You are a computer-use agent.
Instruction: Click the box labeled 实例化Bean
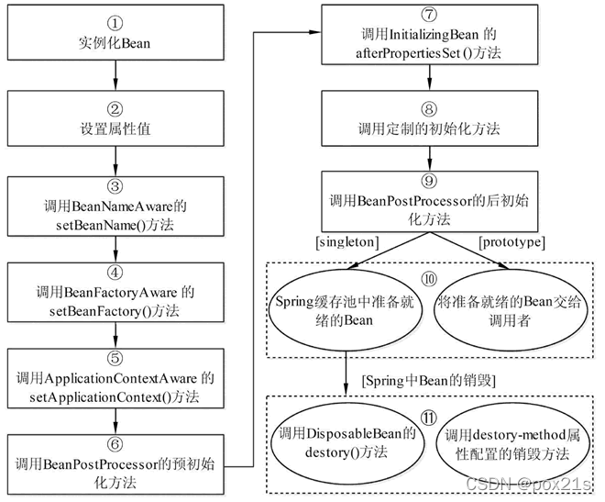coord(115,33)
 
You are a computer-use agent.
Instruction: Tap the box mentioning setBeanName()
coord(115,204)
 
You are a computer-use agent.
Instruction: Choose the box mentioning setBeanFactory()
coord(115,289)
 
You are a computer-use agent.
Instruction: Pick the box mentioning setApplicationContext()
coord(115,377)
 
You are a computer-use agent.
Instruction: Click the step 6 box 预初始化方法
coord(115,458)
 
